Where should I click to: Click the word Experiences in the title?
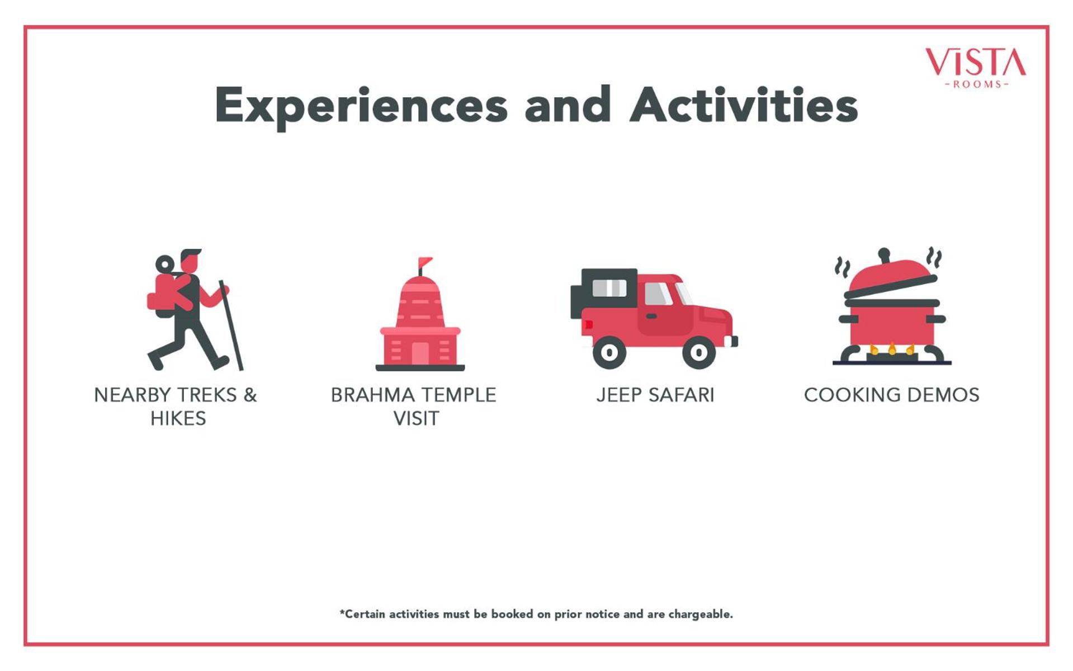(361, 106)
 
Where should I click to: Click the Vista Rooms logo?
(976, 68)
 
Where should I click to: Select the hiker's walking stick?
(231, 325)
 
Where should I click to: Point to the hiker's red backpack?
(168, 294)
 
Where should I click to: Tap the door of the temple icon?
(420, 353)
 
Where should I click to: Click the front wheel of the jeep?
(699, 352)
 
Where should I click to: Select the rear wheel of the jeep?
(609, 352)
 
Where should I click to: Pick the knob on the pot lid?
(884, 254)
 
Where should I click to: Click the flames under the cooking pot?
(892, 349)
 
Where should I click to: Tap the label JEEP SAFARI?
(655, 395)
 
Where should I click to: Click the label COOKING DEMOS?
(892, 395)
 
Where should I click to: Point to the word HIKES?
(178, 419)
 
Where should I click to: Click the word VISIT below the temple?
(416, 419)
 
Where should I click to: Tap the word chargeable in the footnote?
(701, 615)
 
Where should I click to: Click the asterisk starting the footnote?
(342, 612)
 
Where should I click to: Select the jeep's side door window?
(658, 294)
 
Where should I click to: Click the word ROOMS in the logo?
(977, 84)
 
